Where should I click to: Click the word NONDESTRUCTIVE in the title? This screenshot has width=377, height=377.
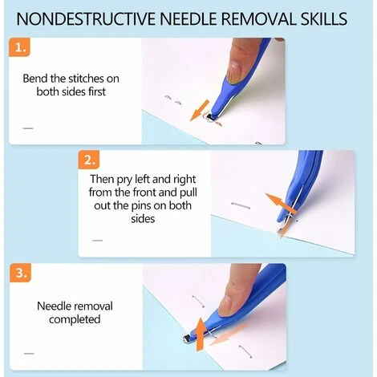86,18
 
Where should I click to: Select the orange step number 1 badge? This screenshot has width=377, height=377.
19,47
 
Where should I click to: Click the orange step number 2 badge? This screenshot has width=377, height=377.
89,160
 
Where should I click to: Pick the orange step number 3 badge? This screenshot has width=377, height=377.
21,273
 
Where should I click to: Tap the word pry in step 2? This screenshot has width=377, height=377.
124,180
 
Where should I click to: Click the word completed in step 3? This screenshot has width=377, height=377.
75,319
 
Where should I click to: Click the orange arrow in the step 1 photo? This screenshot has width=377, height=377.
200,111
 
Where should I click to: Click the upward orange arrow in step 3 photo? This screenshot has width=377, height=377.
200,334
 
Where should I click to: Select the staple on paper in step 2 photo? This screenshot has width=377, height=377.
241,205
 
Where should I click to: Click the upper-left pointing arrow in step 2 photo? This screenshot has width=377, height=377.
279,202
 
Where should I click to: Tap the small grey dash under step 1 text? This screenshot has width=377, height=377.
28,128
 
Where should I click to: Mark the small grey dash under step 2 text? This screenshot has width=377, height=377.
97,241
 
